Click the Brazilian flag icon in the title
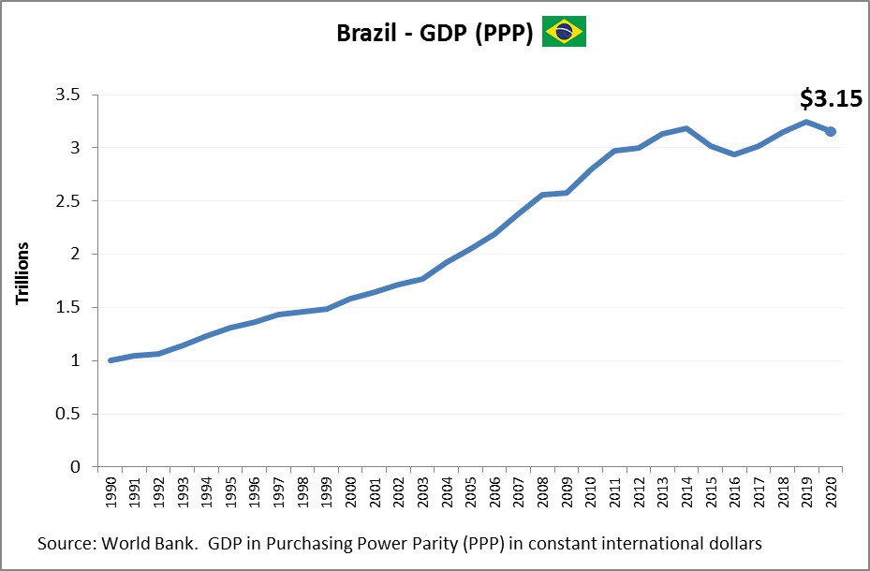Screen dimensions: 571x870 tap(564, 32)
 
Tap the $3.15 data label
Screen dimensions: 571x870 tap(830, 98)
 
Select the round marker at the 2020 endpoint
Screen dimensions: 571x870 tap(831, 132)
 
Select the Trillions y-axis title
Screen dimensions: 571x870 tap(22, 273)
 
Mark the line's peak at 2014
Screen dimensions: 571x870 tap(686, 128)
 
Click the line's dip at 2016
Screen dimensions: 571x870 tap(734, 154)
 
